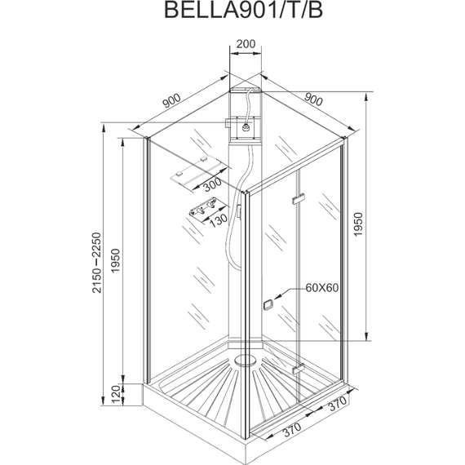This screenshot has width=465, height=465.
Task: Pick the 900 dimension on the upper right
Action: click(x=313, y=101)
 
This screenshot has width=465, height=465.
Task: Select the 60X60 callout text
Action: click(x=323, y=287)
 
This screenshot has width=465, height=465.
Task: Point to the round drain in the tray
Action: click(x=244, y=357)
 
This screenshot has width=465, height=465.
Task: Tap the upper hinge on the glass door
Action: click(x=299, y=198)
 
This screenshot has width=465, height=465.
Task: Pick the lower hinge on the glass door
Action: click(x=299, y=369)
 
